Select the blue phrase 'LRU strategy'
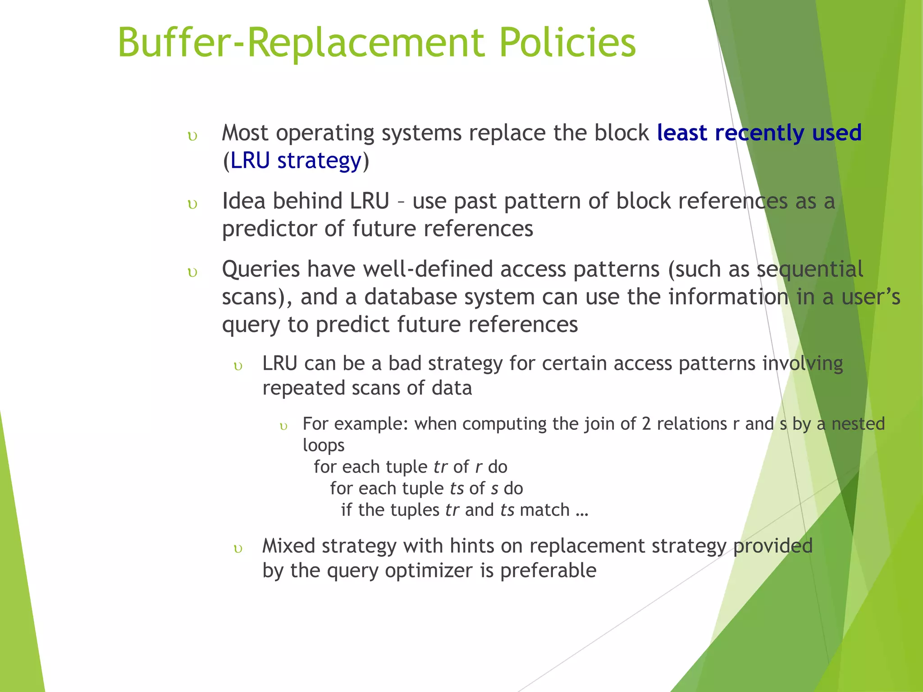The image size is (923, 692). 296,161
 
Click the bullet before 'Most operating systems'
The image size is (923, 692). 192,137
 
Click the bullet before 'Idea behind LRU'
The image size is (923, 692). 192,205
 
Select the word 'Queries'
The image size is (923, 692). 261,269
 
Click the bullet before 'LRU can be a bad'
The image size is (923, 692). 238,366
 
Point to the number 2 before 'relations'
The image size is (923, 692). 646,424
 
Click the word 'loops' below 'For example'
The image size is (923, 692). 323,446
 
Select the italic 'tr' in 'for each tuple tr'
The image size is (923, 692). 440,467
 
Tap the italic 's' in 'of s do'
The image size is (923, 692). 494,489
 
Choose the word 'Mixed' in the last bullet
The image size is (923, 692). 288,546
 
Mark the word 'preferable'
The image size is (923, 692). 548,571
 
